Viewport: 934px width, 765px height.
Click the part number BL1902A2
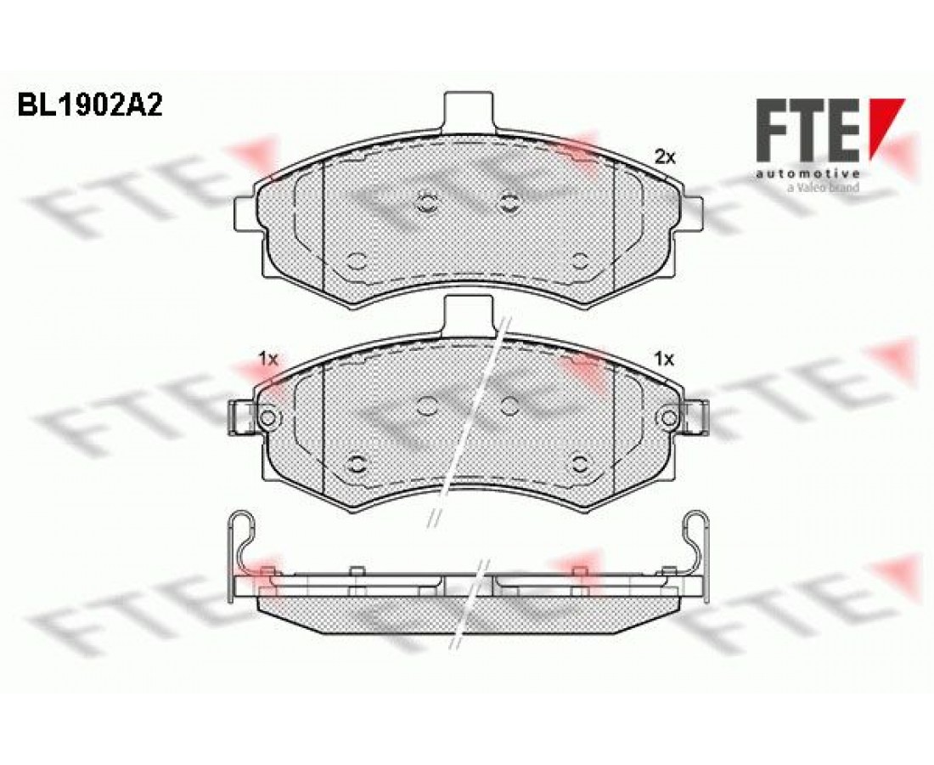pos(89,106)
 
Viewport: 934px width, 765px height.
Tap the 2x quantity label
pos(665,156)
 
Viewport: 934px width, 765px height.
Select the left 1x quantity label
pos(268,359)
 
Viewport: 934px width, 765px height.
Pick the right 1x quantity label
pos(665,359)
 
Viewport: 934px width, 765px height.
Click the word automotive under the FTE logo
pos(807,174)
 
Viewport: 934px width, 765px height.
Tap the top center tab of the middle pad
pos(469,314)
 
